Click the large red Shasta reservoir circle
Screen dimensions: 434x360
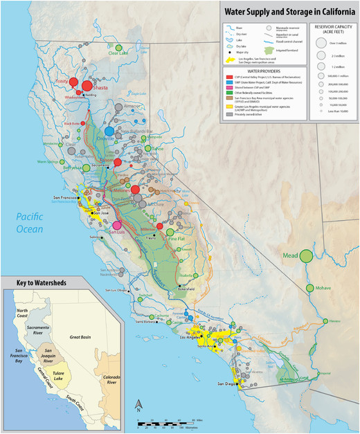tap(86, 87)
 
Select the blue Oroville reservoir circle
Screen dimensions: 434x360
tap(109, 131)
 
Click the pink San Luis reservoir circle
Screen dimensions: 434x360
tap(118, 225)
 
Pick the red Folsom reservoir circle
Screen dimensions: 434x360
tap(118, 162)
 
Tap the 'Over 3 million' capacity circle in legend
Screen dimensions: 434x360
tap(321, 42)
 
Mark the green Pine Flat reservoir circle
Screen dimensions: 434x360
tap(173, 232)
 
